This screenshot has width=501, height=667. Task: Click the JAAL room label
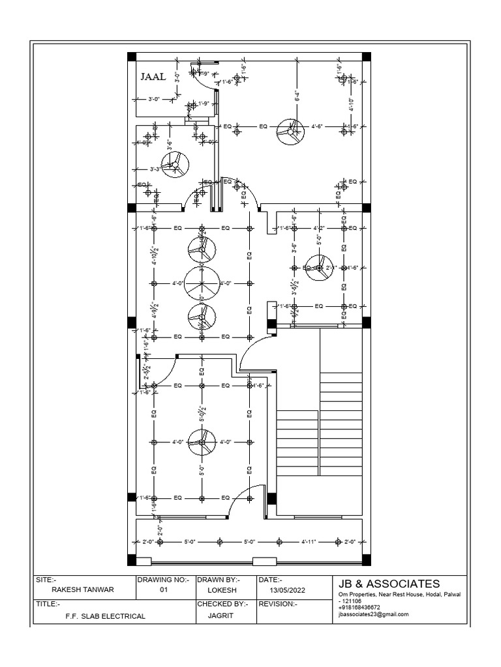[x=153, y=76]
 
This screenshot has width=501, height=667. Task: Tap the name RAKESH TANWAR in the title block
[x=82, y=590]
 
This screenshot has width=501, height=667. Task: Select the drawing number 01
[x=164, y=590]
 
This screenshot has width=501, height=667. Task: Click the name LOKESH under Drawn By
[x=222, y=590]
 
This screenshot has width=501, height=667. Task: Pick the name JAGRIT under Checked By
[x=222, y=614]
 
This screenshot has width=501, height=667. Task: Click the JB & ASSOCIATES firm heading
[x=389, y=584]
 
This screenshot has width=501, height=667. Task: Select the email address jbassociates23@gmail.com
[x=373, y=614]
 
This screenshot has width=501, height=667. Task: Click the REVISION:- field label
[x=278, y=604]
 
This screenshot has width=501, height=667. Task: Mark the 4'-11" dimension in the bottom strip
[x=309, y=541]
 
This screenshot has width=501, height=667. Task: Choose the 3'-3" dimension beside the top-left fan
[x=155, y=169]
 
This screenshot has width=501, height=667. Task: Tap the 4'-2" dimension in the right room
[x=319, y=229]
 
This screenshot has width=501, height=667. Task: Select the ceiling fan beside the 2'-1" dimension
[x=319, y=268]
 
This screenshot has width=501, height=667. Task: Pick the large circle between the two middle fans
[x=202, y=283]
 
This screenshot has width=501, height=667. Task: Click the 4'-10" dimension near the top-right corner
[x=350, y=103]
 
